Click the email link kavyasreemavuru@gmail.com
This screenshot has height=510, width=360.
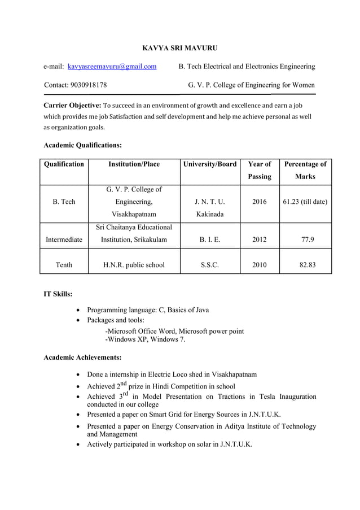point(112,67)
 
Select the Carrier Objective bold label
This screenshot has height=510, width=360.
point(72,106)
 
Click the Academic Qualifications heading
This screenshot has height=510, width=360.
point(82,145)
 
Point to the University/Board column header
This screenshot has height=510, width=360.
point(210,164)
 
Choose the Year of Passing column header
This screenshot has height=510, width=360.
point(260,171)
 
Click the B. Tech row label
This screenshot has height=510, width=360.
point(64,202)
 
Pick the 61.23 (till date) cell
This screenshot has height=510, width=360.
point(305,202)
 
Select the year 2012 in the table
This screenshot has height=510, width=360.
point(260,239)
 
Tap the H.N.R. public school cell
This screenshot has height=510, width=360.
point(134,264)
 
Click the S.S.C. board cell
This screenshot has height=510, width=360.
point(210,264)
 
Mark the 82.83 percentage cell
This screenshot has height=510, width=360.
point(305,264)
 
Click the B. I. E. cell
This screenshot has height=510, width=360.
point(210,239)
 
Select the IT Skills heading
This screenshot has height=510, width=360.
point(58,294)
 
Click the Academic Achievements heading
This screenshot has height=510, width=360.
point(82,358)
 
